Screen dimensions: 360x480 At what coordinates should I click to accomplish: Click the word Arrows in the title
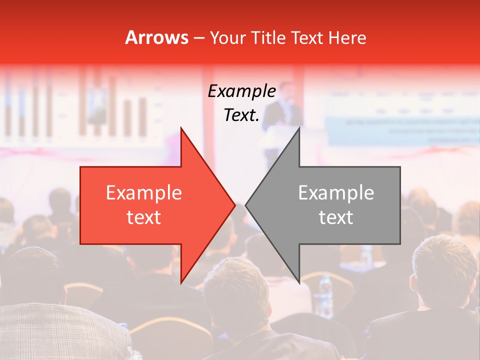pyautogui.click(x=156, y=37)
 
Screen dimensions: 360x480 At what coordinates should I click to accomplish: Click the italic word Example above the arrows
pyautogui.click(x=241, y=91)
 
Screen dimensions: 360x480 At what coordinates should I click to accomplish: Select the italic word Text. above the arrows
pyautogui.click(x=241, y=115)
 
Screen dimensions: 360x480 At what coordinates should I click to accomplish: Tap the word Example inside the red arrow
pyautogui.click(x=144, y=193)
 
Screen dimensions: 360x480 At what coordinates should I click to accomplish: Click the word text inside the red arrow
pyautogui.click(x=144, y=217)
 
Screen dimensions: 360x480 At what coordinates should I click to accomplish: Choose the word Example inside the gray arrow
pyautogui.click(x=336, y=193)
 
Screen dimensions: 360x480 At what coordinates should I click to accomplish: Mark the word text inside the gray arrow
pyautogui.click(x=336, y=217)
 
